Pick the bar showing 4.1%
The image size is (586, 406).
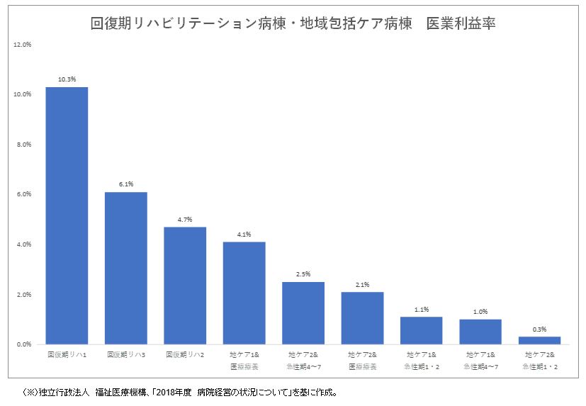pos(244,293)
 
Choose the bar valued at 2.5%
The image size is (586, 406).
pos(303,312)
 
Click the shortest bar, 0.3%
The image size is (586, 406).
pos(540,340)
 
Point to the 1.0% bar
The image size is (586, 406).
pos(480,332)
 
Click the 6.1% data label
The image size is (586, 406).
pos(126,184)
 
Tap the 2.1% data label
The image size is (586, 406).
pos(362,284)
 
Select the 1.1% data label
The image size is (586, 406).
pos(422,309)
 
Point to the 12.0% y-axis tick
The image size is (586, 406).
pos(23,44)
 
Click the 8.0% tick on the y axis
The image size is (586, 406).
pos(23,144)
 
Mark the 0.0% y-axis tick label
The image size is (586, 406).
pos(23,344)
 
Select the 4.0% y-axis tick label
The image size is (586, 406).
pos(23,244)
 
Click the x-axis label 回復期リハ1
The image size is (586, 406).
pos(67,353)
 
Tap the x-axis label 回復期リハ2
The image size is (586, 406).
pos(185,353)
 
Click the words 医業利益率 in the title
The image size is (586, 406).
pos(460,23)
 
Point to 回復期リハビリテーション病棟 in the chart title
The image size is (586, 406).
pos(169,23)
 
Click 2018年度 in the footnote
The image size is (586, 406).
pos(174,391)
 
